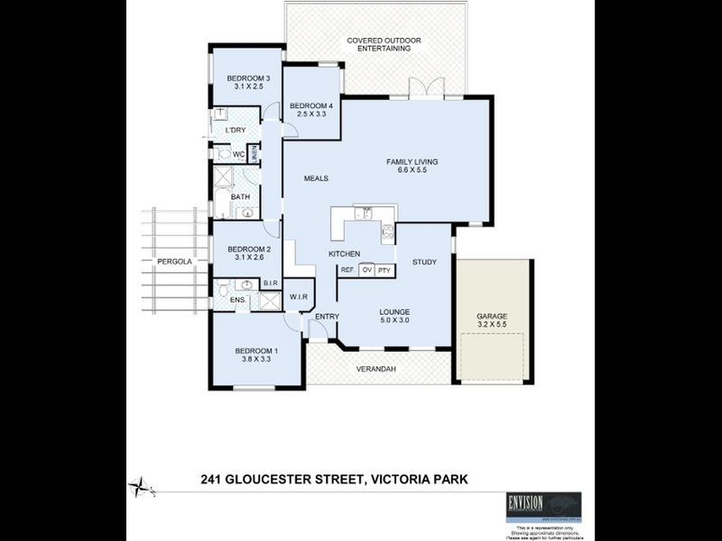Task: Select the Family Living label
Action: click(x=412, y=161)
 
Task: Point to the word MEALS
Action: click(x=315, y=178)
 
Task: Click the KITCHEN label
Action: click(x=345, y=254)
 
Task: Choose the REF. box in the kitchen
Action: click(x=347, y=270)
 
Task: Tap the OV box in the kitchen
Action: click(x=367, y=270)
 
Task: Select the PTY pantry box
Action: click(x=384, y=270)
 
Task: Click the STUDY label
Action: click(x=424, y=262)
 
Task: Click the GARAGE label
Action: click(x=492, y=316)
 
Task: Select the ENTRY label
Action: click(x=326, y=316)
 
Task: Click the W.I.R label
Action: click(x=300, y=296)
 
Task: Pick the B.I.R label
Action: click(x=269, y=283)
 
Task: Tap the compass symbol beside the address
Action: click(x=140, y=486)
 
